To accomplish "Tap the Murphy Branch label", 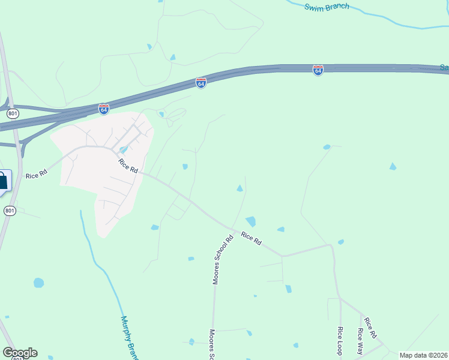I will (x=128, y=337).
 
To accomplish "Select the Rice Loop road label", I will (x=340, y=341).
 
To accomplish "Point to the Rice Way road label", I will (x=360, y=341).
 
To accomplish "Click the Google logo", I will (x=20, y=353).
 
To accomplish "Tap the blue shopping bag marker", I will (x=3, y=180).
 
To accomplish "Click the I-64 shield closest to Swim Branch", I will (x=318, y=70).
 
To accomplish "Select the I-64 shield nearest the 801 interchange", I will (x=104, y=109).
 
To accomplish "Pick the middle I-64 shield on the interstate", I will (x=201, y=83).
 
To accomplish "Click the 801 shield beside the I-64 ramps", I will (x=13, y=113).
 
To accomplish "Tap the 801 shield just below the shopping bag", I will (x=10, y=210).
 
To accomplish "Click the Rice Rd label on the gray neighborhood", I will (x=128, y=166).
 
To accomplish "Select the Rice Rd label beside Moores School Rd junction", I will (x=252, y=238).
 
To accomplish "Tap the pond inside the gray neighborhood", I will (x=123, y=150).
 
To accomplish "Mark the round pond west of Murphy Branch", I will (x=39, y=283).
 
